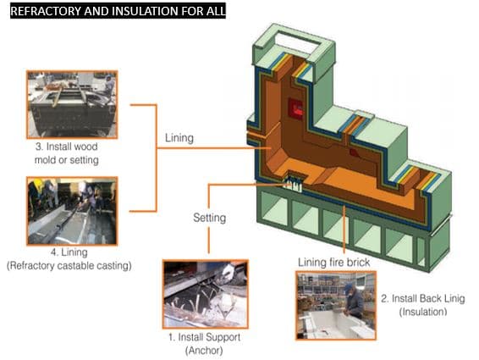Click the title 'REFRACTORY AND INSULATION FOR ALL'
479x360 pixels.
point(118,11)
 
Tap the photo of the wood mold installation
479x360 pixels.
point(72,104)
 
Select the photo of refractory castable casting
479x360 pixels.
point(72,211)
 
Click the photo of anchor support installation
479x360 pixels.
point(206,294)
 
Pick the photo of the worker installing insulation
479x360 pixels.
point(336,305)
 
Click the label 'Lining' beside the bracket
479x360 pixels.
point(179,138)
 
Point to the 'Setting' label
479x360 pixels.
point(210,218)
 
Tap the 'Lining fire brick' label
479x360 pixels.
point(334,262)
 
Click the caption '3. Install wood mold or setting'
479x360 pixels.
point(67,153)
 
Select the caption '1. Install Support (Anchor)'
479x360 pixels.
point(204,344)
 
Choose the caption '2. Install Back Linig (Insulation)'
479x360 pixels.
point(423,305)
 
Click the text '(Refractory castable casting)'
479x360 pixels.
point(69,265)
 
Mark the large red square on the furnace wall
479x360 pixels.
point(295,108)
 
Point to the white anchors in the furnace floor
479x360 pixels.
point(292,185)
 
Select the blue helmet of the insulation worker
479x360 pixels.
point(349,286)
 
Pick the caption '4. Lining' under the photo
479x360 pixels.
point(69,252)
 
